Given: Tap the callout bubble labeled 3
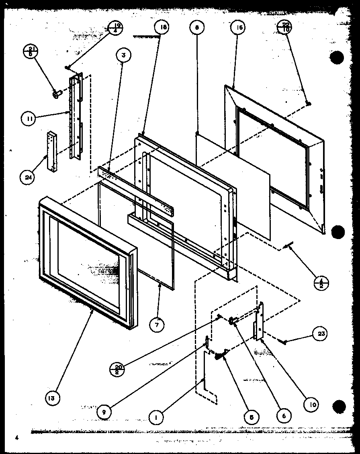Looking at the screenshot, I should [124, 56].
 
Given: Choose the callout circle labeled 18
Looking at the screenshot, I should [162, 27].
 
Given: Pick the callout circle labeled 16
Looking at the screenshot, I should [238, 27].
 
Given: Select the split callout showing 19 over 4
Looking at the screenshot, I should [116, 30].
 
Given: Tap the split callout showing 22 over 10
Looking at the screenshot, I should [285, 27].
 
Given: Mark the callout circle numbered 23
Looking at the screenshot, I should [321, 333].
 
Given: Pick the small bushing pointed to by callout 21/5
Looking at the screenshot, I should [56, 94].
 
